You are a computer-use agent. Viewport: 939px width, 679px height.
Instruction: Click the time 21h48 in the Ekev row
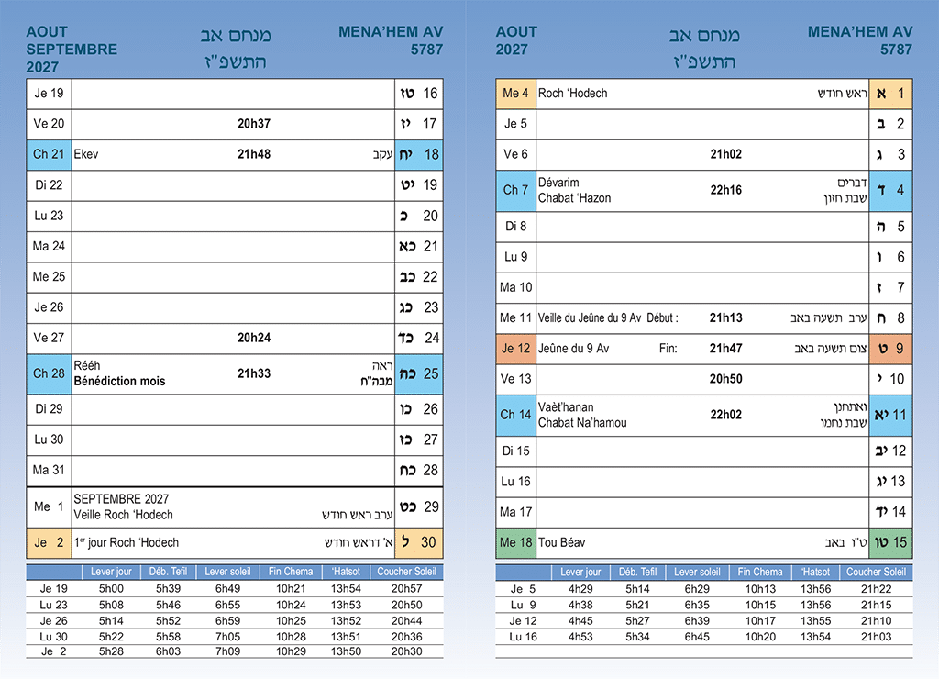tap(254, 154)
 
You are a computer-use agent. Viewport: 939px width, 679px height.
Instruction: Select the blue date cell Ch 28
tap(49, 373)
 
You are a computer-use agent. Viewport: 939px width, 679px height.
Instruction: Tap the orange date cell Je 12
tap(515, 348)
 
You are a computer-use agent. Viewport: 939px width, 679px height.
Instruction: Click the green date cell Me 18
tap(515, 542)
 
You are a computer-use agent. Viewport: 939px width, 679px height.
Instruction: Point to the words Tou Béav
tap(562, 542)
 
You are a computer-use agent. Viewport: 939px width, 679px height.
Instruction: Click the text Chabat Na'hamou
tap(582, 422)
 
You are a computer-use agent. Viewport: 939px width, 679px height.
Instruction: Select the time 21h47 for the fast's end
tap(726, 348)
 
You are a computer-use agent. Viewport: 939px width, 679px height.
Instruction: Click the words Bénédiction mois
tap(119, 381)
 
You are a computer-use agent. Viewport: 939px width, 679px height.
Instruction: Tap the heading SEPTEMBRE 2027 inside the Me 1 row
tap(121, 498)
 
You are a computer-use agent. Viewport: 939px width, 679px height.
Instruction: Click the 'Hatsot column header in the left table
tap(346, 572)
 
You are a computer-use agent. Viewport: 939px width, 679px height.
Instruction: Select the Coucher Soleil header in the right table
tap(876, 572)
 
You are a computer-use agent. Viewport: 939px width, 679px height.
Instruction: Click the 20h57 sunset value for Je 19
tap(406, 588)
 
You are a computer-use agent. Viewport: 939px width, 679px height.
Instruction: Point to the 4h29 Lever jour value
tap(580, 588)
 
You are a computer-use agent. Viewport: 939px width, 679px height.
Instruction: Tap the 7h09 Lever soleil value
tap(227, 651)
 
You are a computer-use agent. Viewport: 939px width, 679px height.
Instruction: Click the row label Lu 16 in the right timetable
tap(520, 637)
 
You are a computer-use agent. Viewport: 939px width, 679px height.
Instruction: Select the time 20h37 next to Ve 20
tap(254, 124)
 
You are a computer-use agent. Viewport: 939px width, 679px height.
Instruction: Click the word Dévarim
tap(558, 183)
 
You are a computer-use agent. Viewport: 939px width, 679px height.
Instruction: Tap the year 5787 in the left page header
tap(426, 50)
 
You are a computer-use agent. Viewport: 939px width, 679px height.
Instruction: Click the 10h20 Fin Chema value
tap(760, 637)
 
